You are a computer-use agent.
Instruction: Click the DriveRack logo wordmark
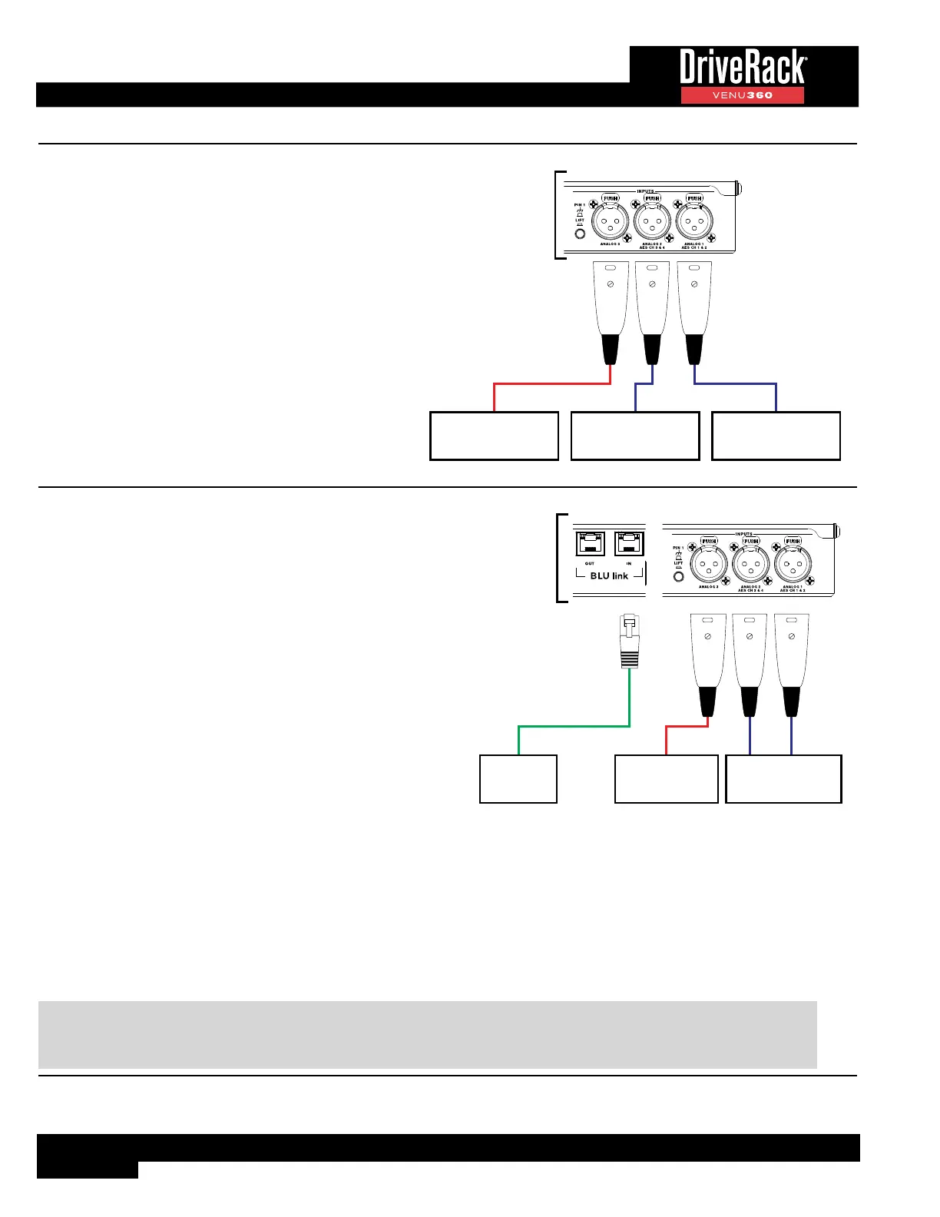pos(742,68)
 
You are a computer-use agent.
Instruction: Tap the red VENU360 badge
pos(742,95)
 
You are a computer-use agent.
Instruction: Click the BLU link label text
pos(609,575)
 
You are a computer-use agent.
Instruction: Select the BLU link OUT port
pos(590,543)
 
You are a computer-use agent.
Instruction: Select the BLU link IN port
pos(629,543)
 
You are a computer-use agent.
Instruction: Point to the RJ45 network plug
pos(630,642)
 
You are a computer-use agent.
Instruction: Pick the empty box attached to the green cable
pos(518,779)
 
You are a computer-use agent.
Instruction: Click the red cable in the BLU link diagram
pos(685,726)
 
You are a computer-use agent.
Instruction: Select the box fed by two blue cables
pos(783,779)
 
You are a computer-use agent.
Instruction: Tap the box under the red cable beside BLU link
pos(667,779)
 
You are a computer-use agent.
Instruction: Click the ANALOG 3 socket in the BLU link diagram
pos(709,566)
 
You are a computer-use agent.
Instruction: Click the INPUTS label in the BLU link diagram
pos(743,534)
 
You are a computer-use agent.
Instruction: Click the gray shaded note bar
pos(427,1034)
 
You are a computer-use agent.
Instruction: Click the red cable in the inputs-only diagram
pos(551,383)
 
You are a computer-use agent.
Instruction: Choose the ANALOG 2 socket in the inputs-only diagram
pos(652,223)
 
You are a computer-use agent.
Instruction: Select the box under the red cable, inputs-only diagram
pos(494,436)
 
